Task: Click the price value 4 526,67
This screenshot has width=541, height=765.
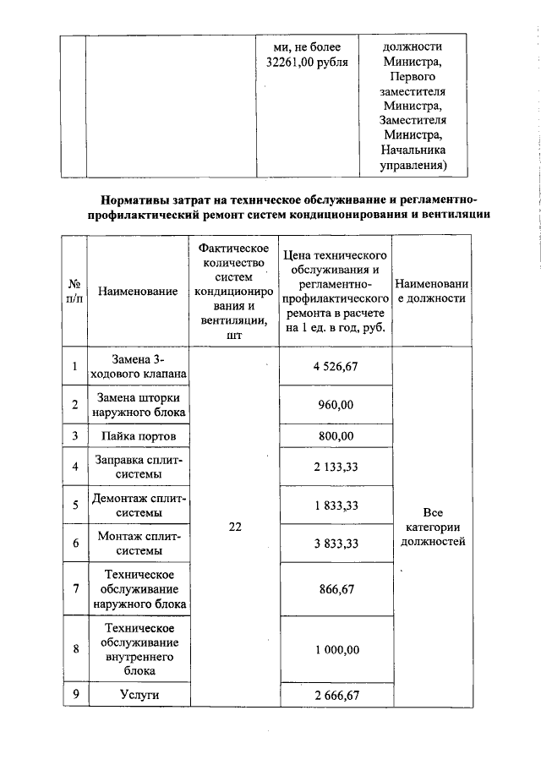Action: point(336,366)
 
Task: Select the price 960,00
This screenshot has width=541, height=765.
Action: point(336,405)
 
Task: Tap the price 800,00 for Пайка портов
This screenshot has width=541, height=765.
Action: point(336,436)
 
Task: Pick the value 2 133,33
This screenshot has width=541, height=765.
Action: point(336,466)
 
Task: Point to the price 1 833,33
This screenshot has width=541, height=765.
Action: point(336,505)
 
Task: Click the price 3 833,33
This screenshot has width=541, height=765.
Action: point(336,544)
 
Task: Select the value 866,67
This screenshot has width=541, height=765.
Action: point(336,590)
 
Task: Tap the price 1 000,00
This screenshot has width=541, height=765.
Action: point(336,649)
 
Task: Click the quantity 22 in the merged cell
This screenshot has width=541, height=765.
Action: point(235,527)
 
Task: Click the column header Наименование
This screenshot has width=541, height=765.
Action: point(138,292)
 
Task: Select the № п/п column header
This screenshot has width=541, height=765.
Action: point(74,292)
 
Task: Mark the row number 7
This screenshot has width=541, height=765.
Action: point(74,590)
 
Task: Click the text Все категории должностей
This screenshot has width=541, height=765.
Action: point(432,527)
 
